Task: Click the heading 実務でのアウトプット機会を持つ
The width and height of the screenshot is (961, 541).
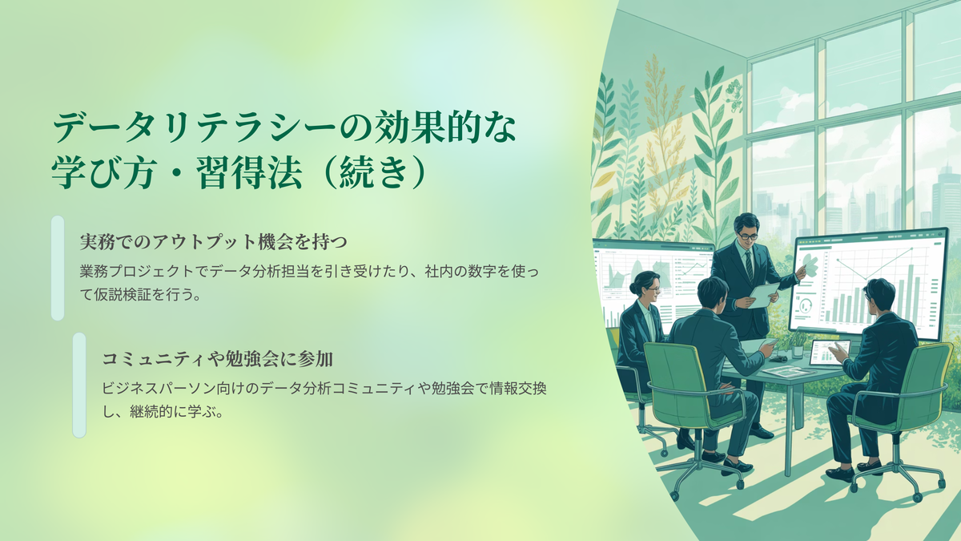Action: tap(213, 242)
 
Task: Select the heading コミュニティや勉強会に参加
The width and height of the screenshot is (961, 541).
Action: tap(218, 359)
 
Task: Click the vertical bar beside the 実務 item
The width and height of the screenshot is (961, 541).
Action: tap(58, 268)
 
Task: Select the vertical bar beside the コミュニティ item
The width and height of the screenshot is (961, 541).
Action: tap(79, 386)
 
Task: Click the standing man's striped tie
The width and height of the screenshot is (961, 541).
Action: tap(748, 266)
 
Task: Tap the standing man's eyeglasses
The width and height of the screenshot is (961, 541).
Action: tap(748, 236)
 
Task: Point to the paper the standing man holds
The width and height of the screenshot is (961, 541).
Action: tap(764, 295)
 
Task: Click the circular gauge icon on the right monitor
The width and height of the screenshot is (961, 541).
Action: tap(806, 305)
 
